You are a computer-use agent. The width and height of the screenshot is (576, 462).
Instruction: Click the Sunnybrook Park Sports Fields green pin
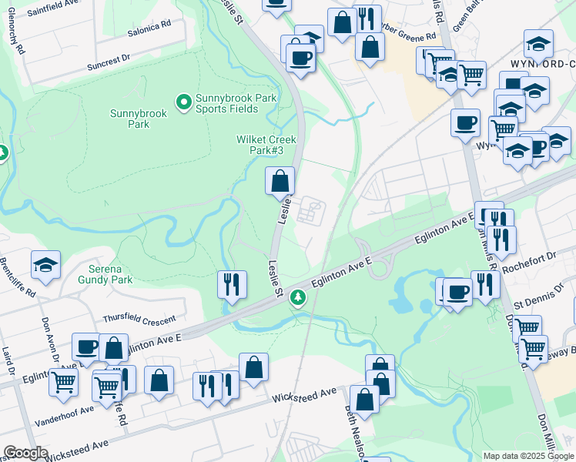point(183,102)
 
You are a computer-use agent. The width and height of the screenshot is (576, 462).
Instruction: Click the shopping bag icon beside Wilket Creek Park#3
point(280,182)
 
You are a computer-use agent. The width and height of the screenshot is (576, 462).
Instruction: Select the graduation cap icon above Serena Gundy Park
point(46,266)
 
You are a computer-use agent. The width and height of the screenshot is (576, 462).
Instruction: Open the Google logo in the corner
point(25,453)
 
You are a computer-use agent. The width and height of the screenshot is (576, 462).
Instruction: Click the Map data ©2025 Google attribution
point(527,456)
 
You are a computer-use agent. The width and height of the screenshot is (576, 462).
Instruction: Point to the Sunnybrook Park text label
point(138,119)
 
